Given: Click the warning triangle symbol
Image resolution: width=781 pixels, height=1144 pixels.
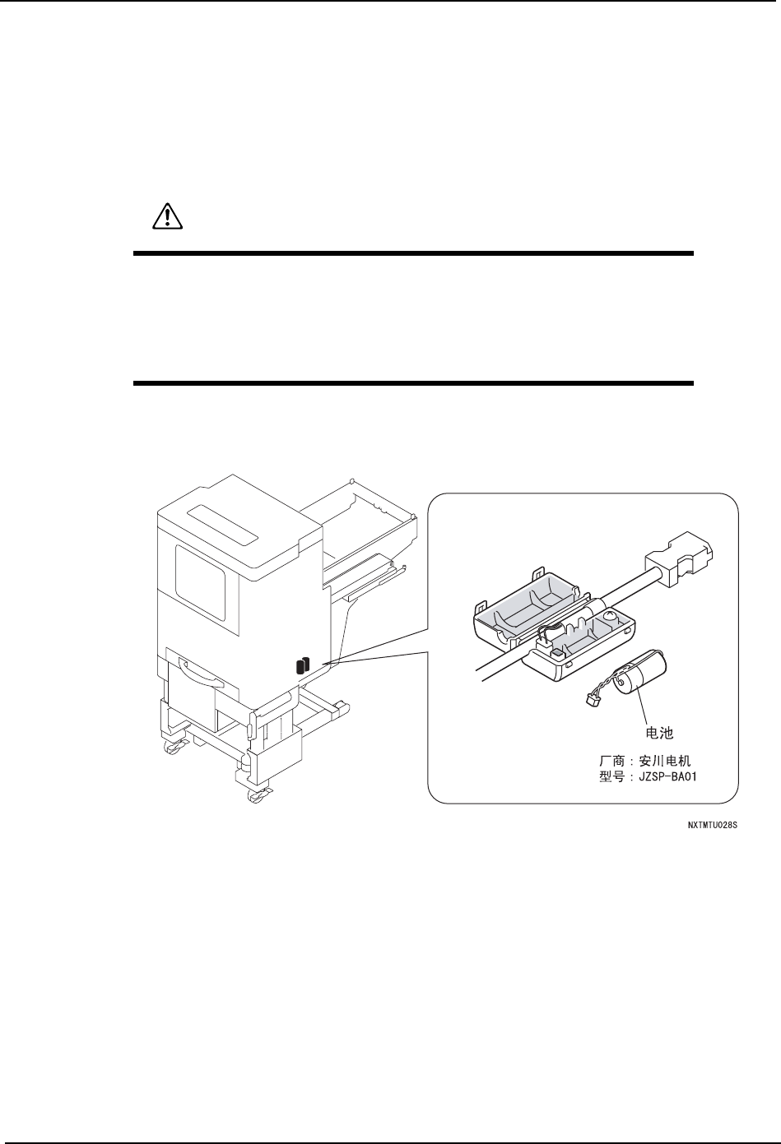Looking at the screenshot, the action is click(167, 216).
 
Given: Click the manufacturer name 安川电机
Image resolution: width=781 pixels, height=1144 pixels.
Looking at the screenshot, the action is click(672, 761).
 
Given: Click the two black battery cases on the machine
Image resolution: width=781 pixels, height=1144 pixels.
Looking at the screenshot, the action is click(302, 665).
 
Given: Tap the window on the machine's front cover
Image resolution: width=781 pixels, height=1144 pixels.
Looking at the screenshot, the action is click(200, 581).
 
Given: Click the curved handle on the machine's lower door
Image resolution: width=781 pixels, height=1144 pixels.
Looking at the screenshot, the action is click(198, 675).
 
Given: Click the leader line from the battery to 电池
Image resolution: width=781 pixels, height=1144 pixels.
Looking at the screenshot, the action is click(642, 707).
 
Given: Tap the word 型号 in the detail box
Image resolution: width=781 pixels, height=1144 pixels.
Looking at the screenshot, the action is click(611, 776).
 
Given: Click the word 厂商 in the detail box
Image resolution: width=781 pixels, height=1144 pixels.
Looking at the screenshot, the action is click(611, 761).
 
